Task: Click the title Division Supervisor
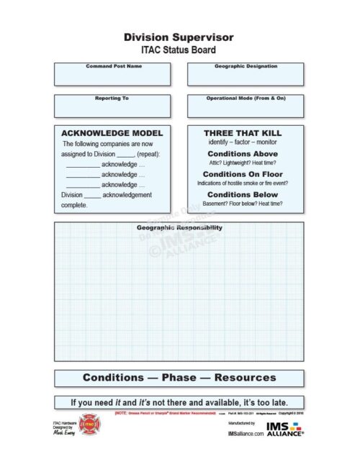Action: point(179,37)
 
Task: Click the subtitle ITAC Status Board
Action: point(179,50)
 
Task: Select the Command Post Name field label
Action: point(114,66)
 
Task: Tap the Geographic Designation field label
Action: point(244,66)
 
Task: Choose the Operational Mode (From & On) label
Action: point(244,98)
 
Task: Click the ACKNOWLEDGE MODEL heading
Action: point(112,133)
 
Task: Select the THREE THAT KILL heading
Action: point(243,133)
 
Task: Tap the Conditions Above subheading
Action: point(243,154)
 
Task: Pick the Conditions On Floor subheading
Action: point(243,174)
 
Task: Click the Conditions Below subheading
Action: point(243,194)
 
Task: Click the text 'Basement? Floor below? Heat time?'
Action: point(243,204)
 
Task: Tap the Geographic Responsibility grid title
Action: point(179,228)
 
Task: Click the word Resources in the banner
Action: point(245,378)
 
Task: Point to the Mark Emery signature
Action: point(65,434)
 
